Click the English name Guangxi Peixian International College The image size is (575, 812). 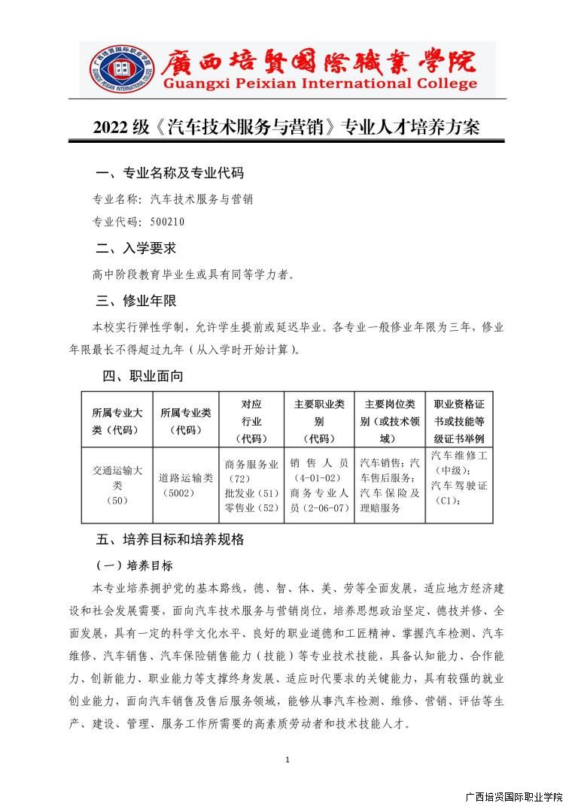point(320,83)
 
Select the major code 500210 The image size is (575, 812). point(168,222)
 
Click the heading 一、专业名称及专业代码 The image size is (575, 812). point(169,173)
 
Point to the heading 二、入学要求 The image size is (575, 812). point(136,248)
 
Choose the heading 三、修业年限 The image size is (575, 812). point(136,301)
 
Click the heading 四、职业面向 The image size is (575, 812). point(143,376)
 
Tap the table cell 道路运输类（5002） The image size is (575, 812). point(186,485)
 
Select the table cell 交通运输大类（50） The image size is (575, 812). point(117,485)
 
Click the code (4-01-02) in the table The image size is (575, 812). point(319,477)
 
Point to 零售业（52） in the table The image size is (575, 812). point(251,508)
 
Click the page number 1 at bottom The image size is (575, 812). point(287,760)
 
